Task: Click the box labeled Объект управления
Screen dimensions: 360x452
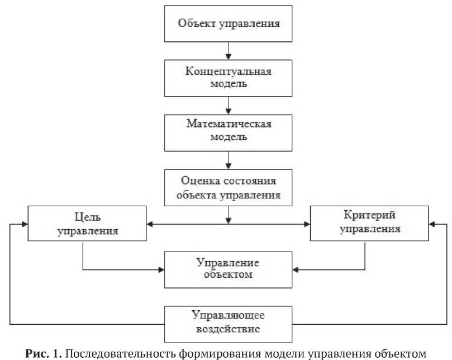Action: [228, 23]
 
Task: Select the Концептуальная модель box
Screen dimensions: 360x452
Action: [228, 78]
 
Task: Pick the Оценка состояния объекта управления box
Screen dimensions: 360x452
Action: [228, 187]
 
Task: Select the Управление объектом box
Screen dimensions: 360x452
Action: [228, 268]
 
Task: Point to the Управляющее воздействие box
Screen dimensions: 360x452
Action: [228, 324]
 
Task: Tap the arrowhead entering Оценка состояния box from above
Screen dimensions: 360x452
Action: [228, 165]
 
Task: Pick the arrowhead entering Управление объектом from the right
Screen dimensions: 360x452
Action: [296, 269]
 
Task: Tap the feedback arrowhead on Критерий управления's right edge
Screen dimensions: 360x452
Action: [432, 224]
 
